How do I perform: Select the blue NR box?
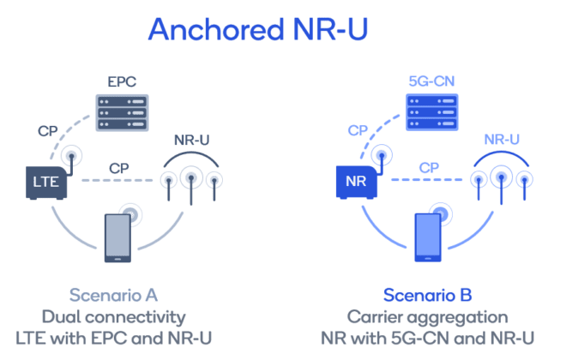click(x=354, y=181)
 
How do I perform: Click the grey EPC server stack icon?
click(x=122, y=111)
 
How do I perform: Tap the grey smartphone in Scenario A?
click(x=117, y=237)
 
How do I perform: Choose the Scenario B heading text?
click(x=428, y=296)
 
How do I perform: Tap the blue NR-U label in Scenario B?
click(x=502, y=138)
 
